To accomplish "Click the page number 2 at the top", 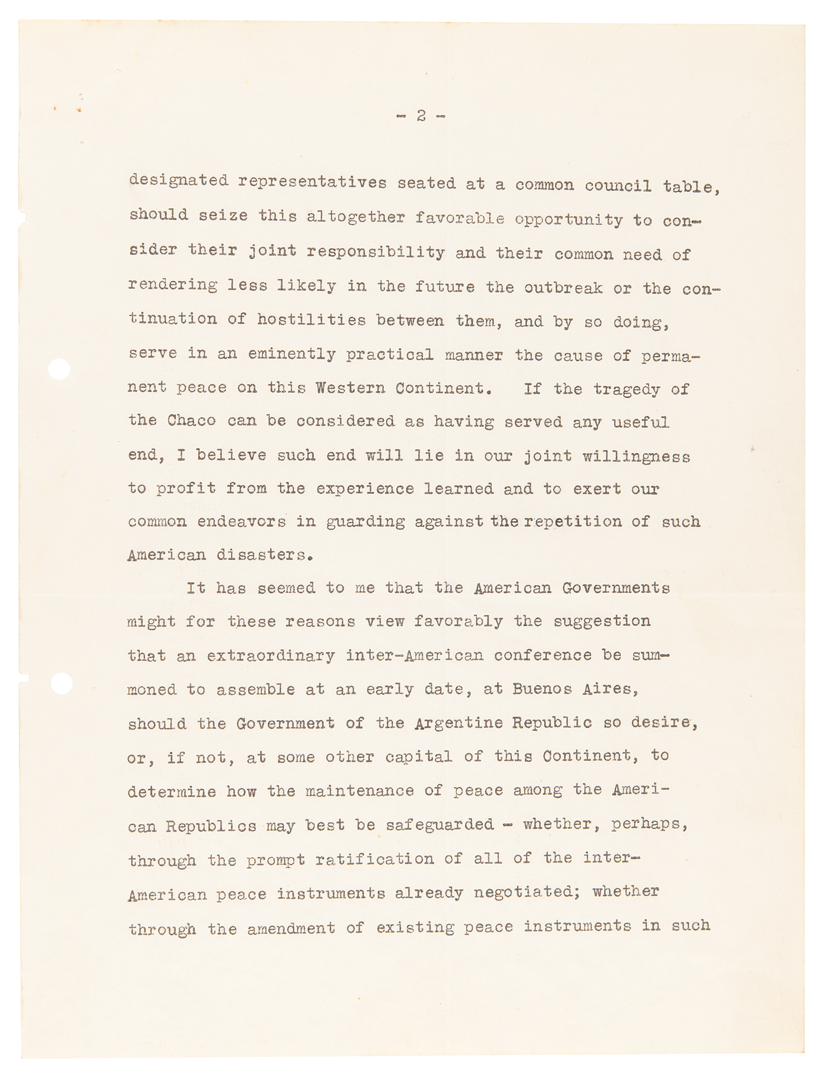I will coord(421,116).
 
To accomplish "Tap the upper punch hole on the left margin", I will coord(59,370).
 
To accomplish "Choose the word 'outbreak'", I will coord(563,288).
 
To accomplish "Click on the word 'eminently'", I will coord(292,354).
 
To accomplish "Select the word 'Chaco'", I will coord(191,421).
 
